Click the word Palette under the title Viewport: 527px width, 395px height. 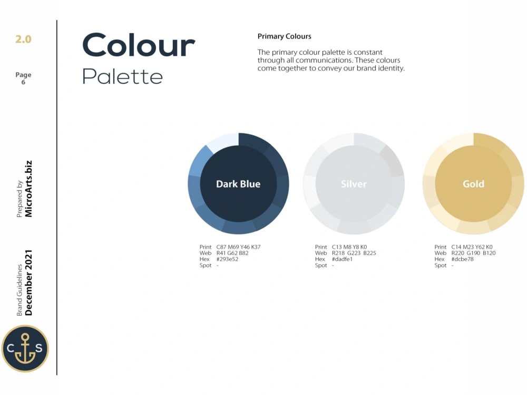click(x=122, y=77)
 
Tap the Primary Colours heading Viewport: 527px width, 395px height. click(x=284, y=36)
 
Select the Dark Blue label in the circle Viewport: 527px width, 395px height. click(x=238, y=184)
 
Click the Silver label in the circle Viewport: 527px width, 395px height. click(x=354, y=184)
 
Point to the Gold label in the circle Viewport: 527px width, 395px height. click(x=473, y=184)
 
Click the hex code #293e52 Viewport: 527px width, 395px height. click(x=227, y=259)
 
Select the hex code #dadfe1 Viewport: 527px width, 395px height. click(x=342, y=259)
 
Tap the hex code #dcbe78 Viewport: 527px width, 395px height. click(x=462, y=259)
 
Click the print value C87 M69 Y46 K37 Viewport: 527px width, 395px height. click(x=238, y=247)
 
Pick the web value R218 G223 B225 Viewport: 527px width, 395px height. click(x=354, y=253)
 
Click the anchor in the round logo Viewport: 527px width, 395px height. click(x=25, y=349)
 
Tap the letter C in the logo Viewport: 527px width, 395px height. click(x=11, y=348)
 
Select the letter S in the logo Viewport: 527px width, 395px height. click(x=39, y=348)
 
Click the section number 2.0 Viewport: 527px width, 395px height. click(x=23, y=39)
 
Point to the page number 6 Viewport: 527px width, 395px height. click(x=23, y=82)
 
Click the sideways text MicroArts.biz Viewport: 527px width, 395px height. click(x=28, y=189)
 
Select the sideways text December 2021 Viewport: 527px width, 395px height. click(x=28, y=282)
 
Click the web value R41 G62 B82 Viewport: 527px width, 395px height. click(x=232, y=253)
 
